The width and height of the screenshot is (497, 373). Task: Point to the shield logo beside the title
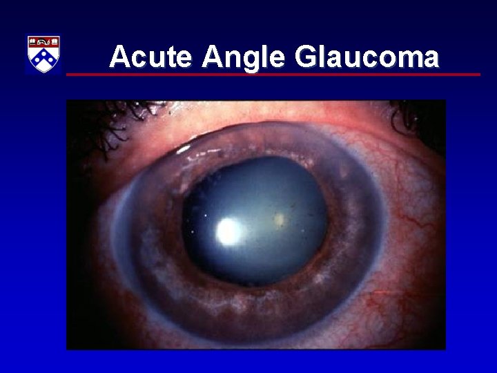click(43, 55)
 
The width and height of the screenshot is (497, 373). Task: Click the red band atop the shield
click(43, 42)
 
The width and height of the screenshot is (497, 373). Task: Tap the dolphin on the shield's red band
click(43, 42)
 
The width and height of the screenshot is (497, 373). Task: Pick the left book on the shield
click(32, 42)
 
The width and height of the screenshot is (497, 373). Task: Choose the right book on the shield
click(55, 42)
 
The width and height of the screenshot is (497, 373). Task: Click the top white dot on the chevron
click(43, 52)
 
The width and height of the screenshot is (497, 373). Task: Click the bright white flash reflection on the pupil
click(228, 231)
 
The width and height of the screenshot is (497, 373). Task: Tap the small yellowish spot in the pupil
click(280, 220)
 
